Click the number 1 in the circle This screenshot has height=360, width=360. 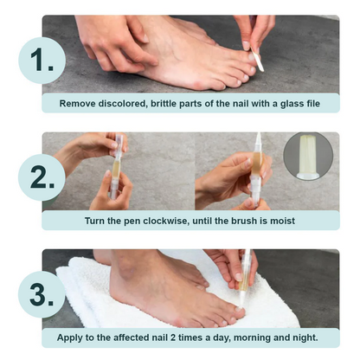tap(40, 62)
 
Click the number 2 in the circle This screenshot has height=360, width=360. tap(40, 177)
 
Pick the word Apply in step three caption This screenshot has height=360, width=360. tap(74, 337)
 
